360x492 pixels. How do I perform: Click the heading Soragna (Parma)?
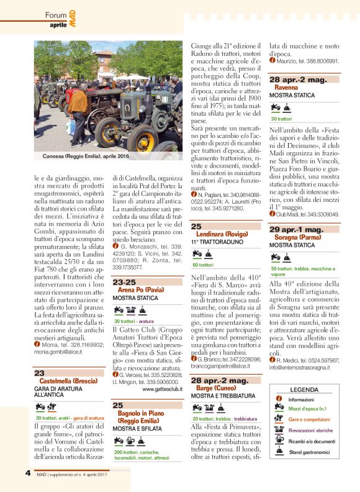click(295, 238)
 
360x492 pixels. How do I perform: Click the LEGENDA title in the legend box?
click(304, 389)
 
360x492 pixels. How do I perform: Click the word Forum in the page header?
click(56, 14)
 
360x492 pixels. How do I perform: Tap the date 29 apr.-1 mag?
click(296, 230)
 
